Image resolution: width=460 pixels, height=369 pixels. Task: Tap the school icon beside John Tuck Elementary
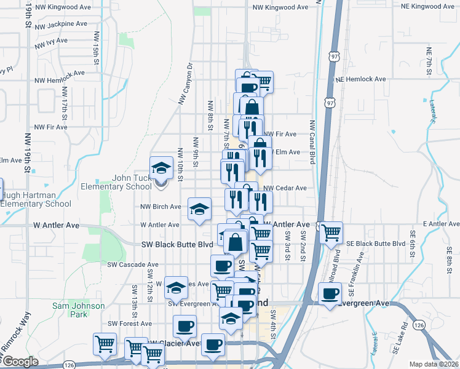click(161, 167)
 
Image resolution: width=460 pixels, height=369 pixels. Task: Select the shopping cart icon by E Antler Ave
click(331, 232)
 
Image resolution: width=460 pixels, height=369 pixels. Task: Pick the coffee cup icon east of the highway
click(330, 293)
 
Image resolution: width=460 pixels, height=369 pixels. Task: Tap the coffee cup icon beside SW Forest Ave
click(184, 326)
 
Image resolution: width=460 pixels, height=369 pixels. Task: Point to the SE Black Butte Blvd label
click(376, 244)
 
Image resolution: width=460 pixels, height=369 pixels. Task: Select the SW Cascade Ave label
click(133, 264)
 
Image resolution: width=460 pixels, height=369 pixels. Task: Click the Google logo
click(20, 362)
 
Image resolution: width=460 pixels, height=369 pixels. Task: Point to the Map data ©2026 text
click(434, 364)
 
